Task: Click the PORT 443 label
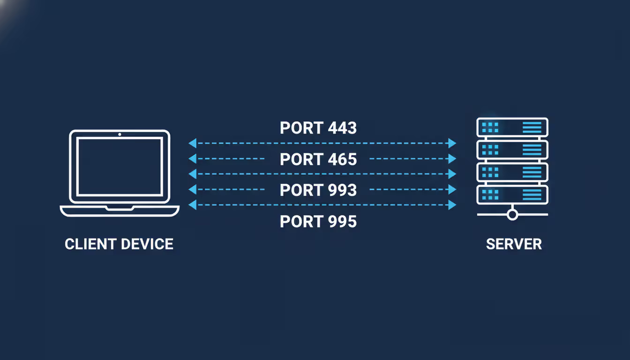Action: (x=318, y=128)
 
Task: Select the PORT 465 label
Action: (x=318, y=159)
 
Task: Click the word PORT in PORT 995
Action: (x=300, y=221)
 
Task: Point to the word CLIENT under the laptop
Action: (x=90, y=244)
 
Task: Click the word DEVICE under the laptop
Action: (x=147, y=244)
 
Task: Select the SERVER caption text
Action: (x=514, y=244)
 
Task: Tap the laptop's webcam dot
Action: (x=120, y=135)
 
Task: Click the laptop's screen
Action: (x=120, y=167)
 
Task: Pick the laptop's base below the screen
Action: (x=120, y=211)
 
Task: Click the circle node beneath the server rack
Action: (x=512, y=215)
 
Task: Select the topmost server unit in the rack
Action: (x=512, y=127)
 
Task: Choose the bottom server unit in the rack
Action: (x=512, y=195)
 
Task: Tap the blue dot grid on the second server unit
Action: (x=490, y=150)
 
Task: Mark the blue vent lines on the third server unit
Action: (x=532, y=172)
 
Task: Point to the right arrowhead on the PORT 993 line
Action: (x=452, y=189)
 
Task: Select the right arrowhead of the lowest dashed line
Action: (x=452, y=205)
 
